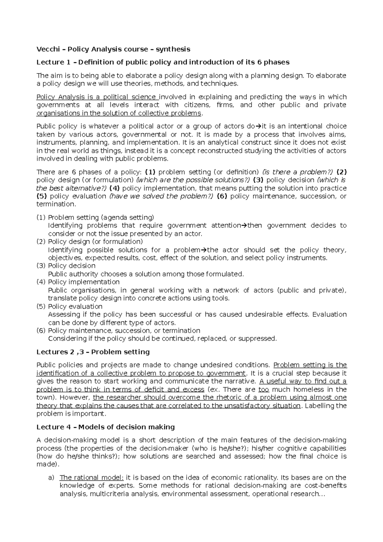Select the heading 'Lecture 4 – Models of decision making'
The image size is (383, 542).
(106, 427)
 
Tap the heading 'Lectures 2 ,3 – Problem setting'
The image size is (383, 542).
(93, 352)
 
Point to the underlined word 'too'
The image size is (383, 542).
(264, 389)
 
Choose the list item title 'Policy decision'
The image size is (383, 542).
(71, 266)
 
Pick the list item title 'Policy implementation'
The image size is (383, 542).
(84, 282)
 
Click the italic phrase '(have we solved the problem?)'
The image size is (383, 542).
(161, 196)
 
